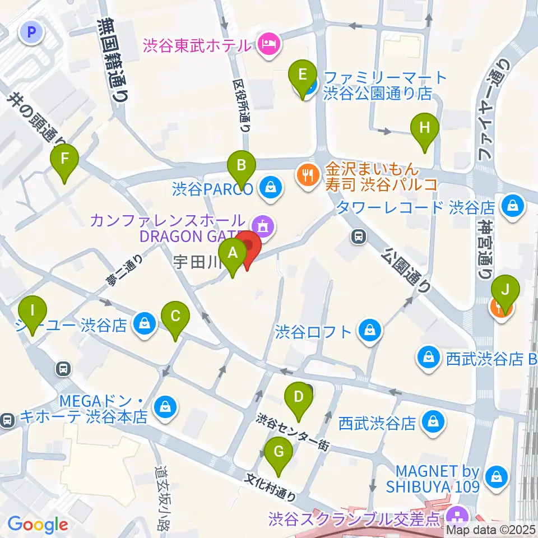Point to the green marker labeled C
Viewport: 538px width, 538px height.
tap(175, 318)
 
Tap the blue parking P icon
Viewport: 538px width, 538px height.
tap(31, 33)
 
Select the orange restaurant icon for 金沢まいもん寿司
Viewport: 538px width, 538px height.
tap(307, 175)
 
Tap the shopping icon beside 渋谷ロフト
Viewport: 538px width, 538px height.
tap(372, 331)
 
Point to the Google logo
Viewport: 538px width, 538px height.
tap(38, 525)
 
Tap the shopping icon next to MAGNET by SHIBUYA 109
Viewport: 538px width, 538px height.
tap(496, 477)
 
